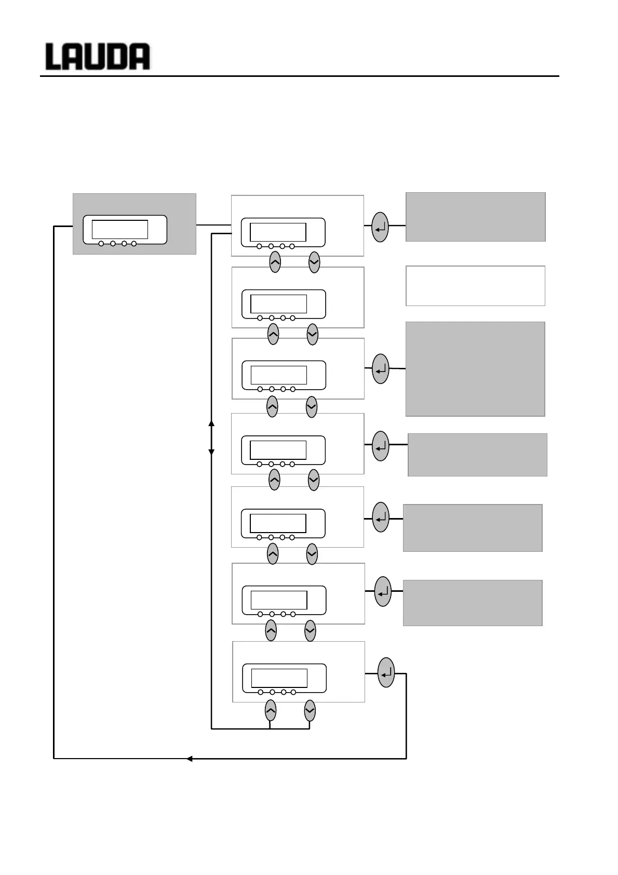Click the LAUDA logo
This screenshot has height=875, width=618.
[98, 57]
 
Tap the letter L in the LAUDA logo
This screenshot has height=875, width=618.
[54, 57]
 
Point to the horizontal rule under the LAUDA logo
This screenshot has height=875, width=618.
[300, 76]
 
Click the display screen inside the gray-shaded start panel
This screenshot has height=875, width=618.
[119, 229]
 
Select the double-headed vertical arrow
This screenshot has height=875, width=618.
[211, 438]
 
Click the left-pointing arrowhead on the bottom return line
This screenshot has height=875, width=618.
[190, 759]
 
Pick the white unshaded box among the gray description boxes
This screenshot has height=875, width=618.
[475, 286]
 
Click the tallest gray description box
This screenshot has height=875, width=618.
[475, 369]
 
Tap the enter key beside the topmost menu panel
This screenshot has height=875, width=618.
[380, 227]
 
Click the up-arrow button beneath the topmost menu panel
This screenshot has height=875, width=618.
[275, 262]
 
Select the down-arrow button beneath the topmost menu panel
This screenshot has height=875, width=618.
[314, 262]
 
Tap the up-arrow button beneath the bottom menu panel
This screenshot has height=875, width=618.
[271, 710]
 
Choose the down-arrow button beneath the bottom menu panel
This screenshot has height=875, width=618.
[310, 710]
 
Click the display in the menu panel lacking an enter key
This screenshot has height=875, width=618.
[278, 303]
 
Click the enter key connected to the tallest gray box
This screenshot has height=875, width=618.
[381, 369]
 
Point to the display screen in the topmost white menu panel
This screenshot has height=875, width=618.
[278, 232]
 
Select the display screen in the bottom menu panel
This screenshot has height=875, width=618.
[279, 678]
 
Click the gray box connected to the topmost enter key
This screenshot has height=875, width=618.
[475, 217]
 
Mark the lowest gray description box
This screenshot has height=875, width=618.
[473, 603]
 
